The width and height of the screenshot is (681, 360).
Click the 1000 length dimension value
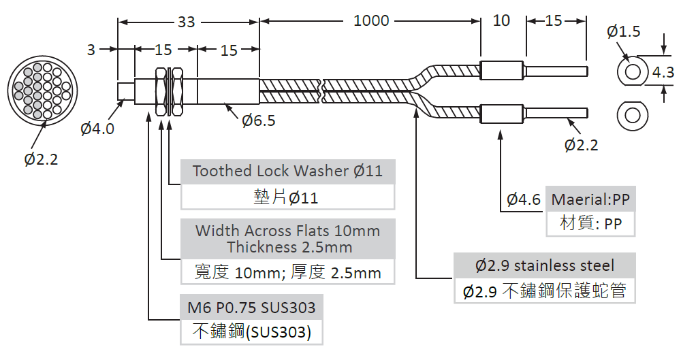371,21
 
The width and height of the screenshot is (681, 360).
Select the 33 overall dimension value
186,22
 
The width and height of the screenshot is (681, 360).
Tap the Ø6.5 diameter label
259,120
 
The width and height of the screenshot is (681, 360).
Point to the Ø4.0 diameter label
97,128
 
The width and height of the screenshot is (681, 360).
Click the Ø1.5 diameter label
623,31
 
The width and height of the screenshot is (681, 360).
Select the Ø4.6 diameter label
524,199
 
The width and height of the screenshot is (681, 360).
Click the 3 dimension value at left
91,50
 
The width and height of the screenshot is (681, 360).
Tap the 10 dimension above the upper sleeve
501,21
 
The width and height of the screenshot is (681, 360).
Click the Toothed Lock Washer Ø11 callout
287,171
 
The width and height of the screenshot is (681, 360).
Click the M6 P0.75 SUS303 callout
251,308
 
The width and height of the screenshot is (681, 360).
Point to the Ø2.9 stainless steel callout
545,265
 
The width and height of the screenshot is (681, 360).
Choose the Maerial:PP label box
590,199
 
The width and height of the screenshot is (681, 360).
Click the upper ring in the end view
632,71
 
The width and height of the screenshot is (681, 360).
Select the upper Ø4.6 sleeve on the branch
502,71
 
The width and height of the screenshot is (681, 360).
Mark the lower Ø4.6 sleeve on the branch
502,114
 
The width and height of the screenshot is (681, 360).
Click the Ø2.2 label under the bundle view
41,159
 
